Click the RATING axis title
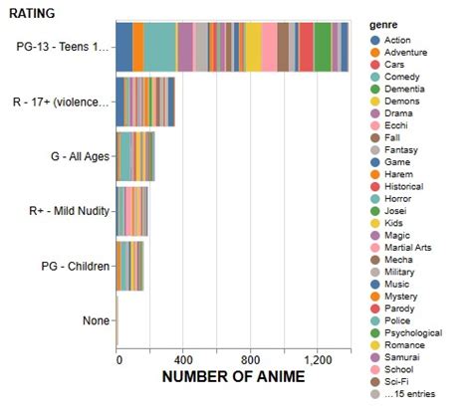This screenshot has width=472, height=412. pos(33,13)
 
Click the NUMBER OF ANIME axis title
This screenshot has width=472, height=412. pos(233,377)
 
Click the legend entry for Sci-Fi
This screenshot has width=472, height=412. pos(397,380)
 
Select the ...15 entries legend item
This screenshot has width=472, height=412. pos(407,393)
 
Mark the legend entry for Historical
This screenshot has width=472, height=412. pos(402,186)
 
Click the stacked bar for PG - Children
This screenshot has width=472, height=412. pos(130,266)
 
